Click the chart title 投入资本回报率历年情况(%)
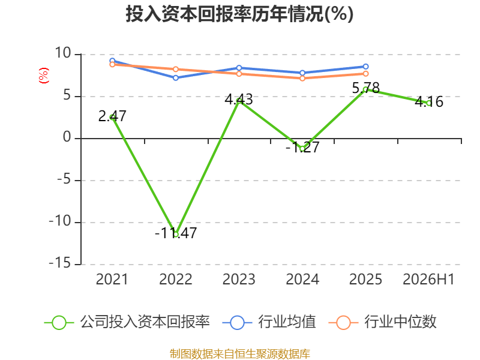click(239, 14)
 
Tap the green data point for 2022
click(176, 235)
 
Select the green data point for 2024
click(302, 149)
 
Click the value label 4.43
click(239, 99)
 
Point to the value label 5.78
click(366, 88)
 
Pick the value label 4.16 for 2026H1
click(429, 101)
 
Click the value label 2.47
click(112, 116)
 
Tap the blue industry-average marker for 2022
click(176, 78)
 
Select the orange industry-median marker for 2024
click(302, 79)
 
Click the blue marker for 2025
click(366, 67)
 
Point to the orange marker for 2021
click(112, 64)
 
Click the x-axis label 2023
click(239, 279)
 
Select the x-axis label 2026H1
click(428, 279)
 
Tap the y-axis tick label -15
click(60, 263)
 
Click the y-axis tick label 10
click(63, 53)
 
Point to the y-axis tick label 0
click(67, 137)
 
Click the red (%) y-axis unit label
click(43, 76)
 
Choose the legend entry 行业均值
click(269, 322)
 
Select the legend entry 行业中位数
click(383, 322)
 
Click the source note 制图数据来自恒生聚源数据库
click(239, 353)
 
